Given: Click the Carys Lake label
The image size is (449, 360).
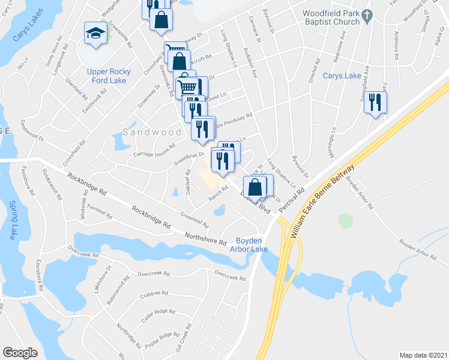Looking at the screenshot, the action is [x=342, y=76].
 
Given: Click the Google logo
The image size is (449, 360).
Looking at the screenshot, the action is [x=20, y=352].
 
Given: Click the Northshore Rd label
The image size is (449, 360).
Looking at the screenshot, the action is [x=205, y=239].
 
